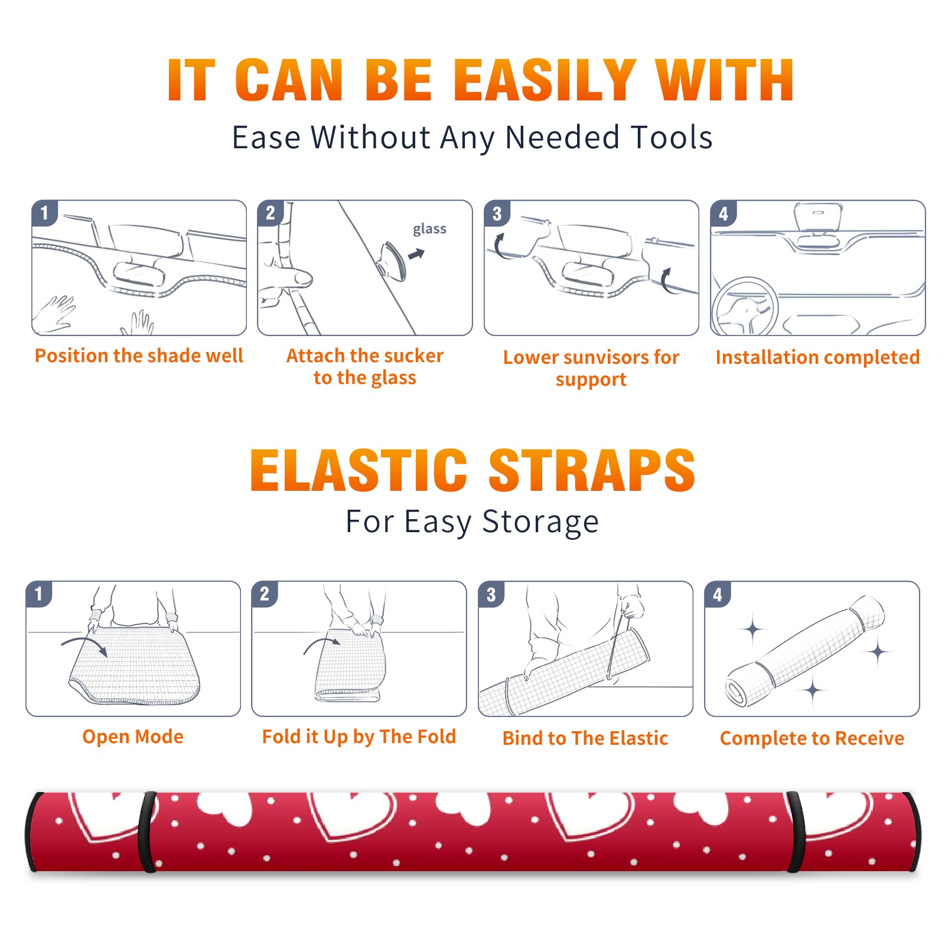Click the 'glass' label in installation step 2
tap(429, 229)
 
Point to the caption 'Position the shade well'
tap(139, 356)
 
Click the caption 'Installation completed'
tap(817, 357)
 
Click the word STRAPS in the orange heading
tap(592, 470)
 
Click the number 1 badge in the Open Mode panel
tap(39, 594)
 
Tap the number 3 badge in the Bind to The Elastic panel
tap(491, 594)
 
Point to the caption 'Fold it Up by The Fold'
tap(359, 737)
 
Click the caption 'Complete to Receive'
tap(812, 738)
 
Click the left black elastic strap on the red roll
tap(148, 832)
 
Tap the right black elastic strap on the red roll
tap(795, 832)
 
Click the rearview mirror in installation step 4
tap(818, 217)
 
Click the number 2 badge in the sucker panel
tap(271, 213)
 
